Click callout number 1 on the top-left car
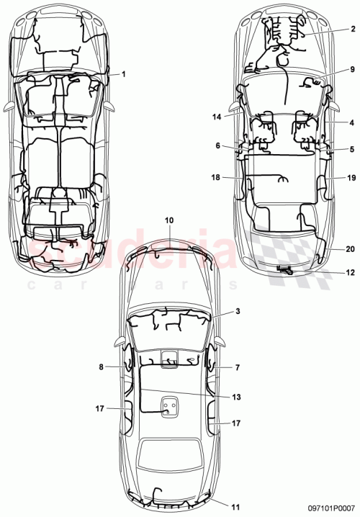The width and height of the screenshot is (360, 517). point(123,74)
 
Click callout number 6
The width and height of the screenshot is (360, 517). point(218,145)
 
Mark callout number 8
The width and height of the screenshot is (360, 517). point(102,367)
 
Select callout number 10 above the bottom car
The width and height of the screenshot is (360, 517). point(170,219)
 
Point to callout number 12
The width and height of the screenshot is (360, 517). point(330,272)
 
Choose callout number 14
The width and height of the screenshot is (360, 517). point(216,116)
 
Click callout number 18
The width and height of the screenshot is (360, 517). point(216,176)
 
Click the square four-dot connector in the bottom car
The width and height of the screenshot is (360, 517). point(171,408)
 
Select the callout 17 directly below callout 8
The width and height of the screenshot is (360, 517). point(101,408)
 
